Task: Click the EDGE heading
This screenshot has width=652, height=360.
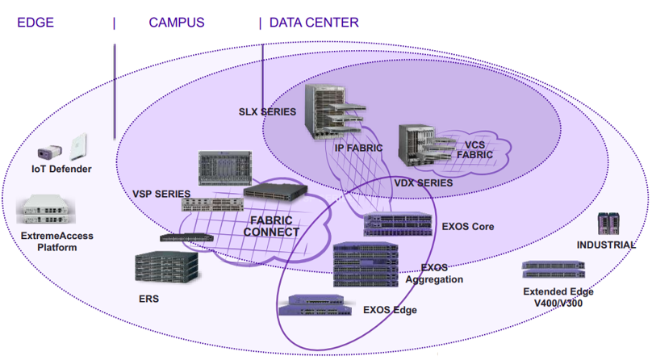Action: click(36, 23)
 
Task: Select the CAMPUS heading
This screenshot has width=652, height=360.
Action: click(177, 23)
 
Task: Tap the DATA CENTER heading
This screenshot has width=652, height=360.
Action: click(314, 23)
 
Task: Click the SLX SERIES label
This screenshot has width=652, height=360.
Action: click(267, 111)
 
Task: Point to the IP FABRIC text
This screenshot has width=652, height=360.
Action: click(359, 148)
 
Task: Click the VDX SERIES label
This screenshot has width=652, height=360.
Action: click(424, 183)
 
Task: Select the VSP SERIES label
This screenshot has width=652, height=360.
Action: click(161, 194)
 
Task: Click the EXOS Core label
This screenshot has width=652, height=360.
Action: click(468, 227)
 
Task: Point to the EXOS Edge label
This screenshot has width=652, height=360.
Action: click(390, 309)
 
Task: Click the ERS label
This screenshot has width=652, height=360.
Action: click(148, 299)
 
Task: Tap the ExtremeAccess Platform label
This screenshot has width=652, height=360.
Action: click(56, 241)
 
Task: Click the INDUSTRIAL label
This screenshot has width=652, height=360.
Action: click(606, 245)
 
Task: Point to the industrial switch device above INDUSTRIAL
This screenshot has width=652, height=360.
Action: click(607, 224)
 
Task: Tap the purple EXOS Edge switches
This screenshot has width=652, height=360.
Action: click(316, 305)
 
